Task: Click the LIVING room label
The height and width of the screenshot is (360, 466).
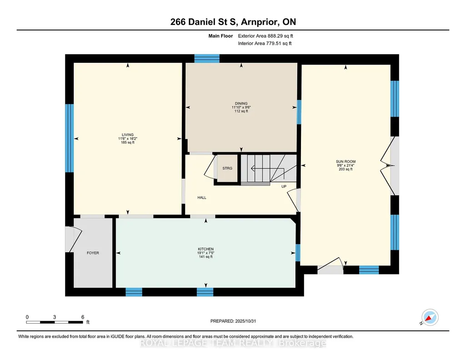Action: pos(128,135)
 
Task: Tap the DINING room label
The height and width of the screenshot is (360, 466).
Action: pos(241,104)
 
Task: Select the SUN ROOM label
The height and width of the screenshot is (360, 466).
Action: pos(346,161)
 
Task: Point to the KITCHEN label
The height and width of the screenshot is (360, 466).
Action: pos(205,249)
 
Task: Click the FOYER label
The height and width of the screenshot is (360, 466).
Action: pos(93,253)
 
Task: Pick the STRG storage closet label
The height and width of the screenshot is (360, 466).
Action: pos(227,168)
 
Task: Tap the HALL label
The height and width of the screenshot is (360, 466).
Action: pos(202,198)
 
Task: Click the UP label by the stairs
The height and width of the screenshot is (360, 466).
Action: pos(284,186)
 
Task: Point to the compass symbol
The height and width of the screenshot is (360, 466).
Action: pos(430,317)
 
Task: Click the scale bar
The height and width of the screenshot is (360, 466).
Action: pos(54,322)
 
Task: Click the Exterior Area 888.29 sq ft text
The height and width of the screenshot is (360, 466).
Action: pos(266,36)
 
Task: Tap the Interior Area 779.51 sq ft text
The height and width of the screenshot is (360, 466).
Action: pos(265,43)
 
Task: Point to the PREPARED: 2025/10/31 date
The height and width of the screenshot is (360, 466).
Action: pos(233,321)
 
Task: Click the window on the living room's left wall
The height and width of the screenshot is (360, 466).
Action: pos(69,138)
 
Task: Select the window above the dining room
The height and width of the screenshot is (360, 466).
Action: pos(207,59)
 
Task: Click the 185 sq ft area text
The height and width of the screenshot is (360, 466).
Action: pos(128,142)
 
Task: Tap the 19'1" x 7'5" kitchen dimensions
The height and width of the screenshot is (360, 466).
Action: pos(205,253)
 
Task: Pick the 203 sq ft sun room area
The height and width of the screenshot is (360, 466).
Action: pos(346,169)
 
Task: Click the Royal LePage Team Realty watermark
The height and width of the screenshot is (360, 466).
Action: pos(233,343)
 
